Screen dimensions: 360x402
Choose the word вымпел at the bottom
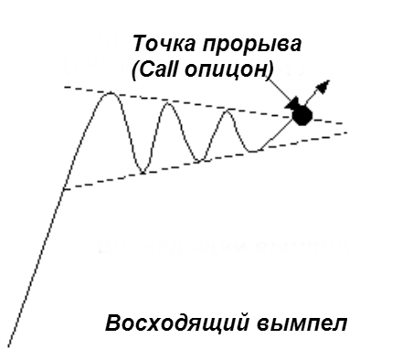301,323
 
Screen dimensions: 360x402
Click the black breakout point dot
301,114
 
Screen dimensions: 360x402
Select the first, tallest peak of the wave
111,93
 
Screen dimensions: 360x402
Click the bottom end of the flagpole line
9,345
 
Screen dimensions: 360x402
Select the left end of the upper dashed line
64,87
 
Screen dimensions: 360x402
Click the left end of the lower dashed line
64,189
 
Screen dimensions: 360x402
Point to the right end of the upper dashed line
345,122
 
